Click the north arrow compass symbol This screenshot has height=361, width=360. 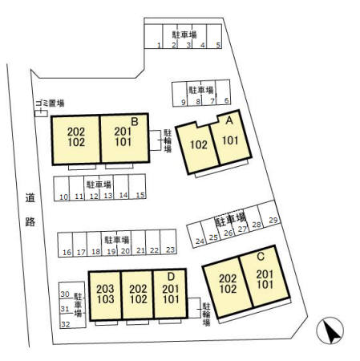tap(330, 331)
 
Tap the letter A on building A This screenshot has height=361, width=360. tap(229, 120)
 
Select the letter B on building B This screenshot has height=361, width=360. tap(135, 122)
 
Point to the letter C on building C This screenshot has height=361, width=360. tap(261, 257)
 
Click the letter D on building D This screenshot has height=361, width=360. tap(171, 277)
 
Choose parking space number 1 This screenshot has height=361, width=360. tap(153, 37)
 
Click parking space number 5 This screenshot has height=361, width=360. tap(214, 37)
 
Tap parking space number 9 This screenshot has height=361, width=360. tap(180, 94)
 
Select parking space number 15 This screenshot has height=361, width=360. tap(137, 187)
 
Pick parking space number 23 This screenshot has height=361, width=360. tap(168, 242)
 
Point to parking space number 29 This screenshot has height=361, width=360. tap(269, 213)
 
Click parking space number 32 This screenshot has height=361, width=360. tap(72, 321)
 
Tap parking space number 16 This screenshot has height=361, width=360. tap(66, 245)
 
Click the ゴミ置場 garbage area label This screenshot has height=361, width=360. tap(50, 103)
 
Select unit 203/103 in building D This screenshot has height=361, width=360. tap(105, 294)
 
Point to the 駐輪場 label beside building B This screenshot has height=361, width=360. tap(168, 140)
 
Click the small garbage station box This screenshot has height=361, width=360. tap(41, 113)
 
